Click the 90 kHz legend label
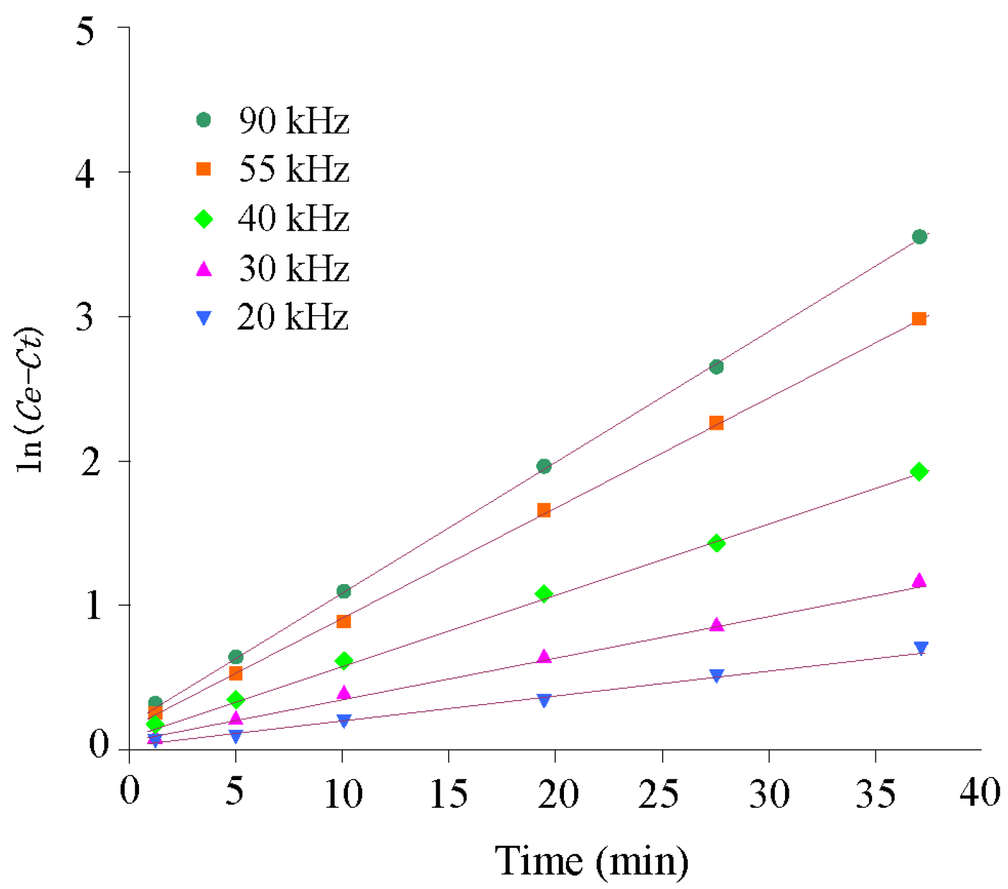(294, 120)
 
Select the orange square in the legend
(203, 169)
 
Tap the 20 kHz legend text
(293, 317)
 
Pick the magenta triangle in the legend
(203, 269)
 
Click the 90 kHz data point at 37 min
(919, 237)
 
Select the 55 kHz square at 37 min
(918, 319)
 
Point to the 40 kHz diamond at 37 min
(919, 472)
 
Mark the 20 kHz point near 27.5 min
(716, 675)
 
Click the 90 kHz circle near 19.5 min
(543, 466)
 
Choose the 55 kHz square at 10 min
(343, 621)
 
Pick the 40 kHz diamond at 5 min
(236, 699)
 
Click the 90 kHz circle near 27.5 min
(716, 367)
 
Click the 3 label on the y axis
(86, 316)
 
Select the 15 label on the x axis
(448, 794)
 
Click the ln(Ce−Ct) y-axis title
(30, 400)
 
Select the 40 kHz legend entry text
(293, 218)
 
